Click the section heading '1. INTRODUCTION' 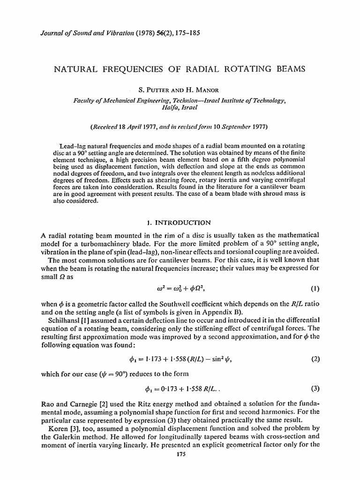[180, 222]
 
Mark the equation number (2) [315, 360]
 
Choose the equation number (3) [315, 389]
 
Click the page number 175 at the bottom [180, 467]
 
